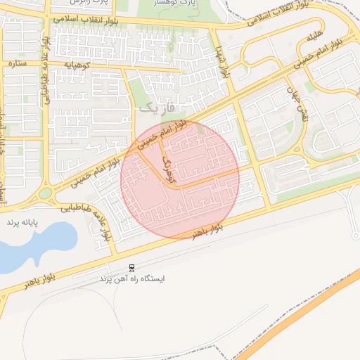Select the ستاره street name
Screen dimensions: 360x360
(x=17, y=63)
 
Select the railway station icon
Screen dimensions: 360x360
(x=131, y=267)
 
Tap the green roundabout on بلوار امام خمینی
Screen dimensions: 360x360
(x=46, y=193)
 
